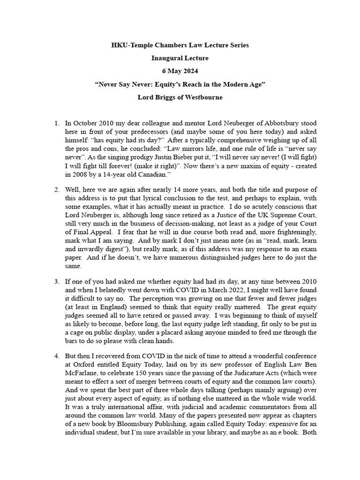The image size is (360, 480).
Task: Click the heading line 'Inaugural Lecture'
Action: tap(180, 59)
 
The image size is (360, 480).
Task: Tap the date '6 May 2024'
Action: tap(180, 72)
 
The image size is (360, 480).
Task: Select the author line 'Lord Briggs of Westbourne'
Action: tap(180, 98)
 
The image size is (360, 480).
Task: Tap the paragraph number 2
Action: tap(56, 190)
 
